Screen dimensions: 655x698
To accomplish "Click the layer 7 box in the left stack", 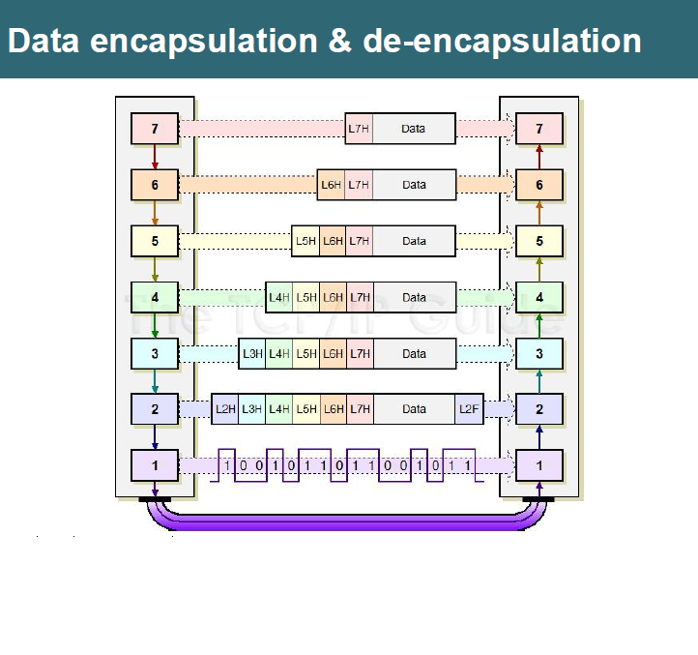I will [x=155, y=128].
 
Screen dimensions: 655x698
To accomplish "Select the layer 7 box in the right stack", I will [x=539, y=128].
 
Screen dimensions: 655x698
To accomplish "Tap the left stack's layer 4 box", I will [x=155, y=297].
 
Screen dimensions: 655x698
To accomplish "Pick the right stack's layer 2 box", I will [x=539, y=409].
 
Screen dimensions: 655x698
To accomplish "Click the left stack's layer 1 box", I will [x=155, y=465].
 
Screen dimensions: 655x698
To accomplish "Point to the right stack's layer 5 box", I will [x=539, y=241].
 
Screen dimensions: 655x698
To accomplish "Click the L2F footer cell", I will [x=469, y=409].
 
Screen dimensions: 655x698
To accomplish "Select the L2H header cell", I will [x=225, y=409].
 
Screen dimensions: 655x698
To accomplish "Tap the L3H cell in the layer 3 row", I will [x=252, y=353].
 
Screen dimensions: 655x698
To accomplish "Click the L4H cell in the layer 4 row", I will [x=279, y=297].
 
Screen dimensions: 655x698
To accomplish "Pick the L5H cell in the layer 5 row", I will [x=305, y=241].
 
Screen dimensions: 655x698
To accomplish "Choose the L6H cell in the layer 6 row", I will [x=332, y=185].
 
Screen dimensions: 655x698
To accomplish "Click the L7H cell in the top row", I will [x=359, y=129].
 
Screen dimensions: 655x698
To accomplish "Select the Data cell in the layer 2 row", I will [x=414, y=409].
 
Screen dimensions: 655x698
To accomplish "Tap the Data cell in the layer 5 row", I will [x=414, y=241].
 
